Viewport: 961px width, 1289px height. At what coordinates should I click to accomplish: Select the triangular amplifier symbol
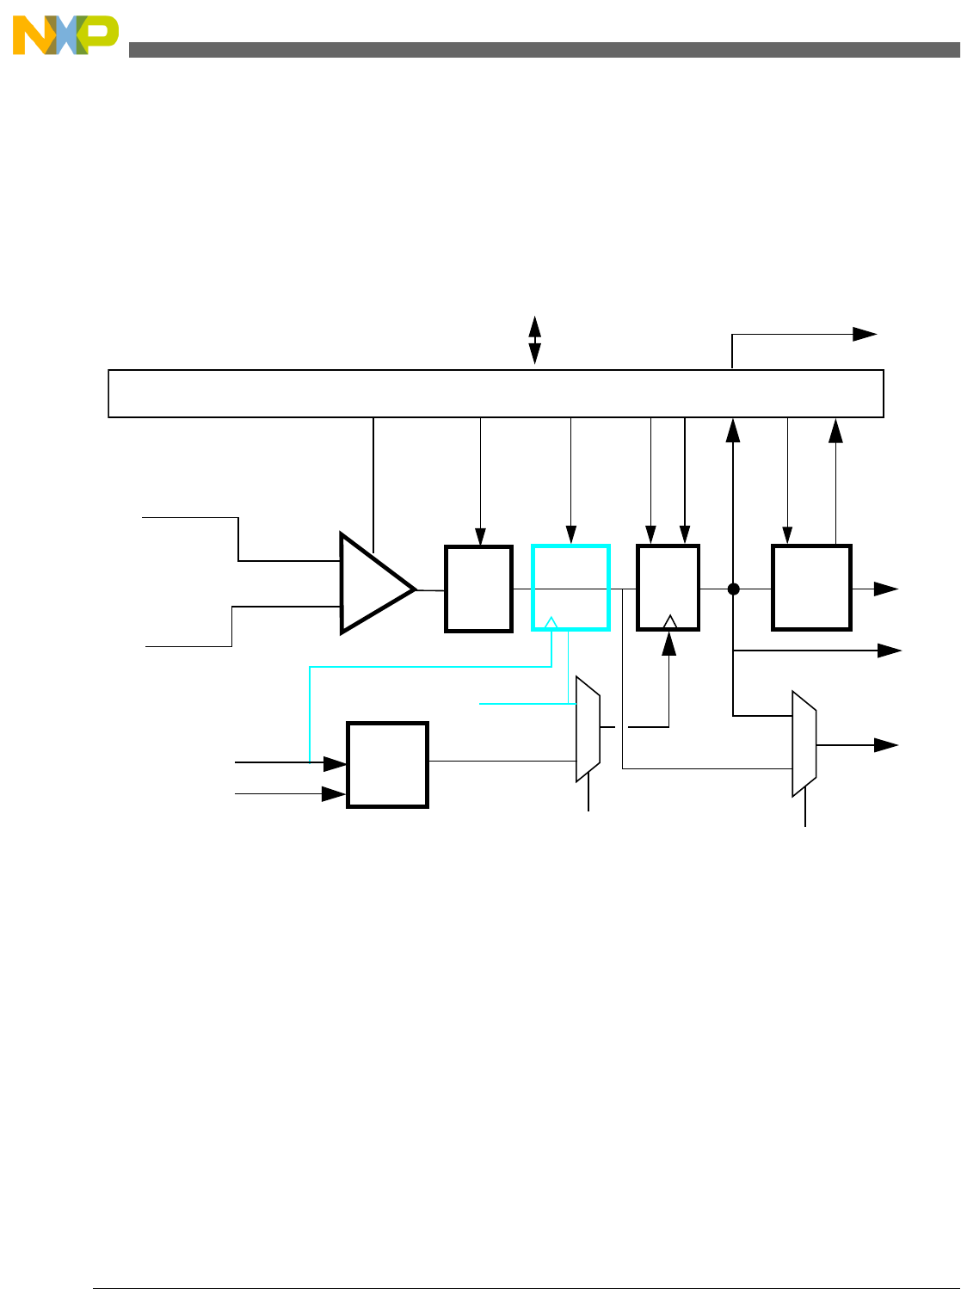375,584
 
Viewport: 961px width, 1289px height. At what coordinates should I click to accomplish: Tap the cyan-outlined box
570,587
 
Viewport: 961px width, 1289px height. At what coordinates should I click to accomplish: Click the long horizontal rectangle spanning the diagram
496,393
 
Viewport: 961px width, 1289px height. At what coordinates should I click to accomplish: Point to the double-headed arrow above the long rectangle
534,340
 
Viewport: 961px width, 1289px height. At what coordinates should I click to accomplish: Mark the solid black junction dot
733,589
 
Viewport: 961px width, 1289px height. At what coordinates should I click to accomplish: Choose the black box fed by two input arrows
387,764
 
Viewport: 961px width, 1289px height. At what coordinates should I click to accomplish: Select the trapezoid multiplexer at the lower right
804,743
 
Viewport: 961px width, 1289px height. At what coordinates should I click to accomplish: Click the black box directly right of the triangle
478,589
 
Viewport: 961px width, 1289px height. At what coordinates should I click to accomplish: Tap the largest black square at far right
811,587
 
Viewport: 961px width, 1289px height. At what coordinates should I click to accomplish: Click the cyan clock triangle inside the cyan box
552,621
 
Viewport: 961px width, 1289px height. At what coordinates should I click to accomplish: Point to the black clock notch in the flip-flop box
670,621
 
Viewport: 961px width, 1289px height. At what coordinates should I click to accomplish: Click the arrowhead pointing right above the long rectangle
865,335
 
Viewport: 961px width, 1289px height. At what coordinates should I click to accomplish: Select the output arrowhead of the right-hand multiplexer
886,745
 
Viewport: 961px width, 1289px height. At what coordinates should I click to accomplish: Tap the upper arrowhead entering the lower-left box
335,763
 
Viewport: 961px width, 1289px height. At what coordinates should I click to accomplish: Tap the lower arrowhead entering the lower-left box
333,794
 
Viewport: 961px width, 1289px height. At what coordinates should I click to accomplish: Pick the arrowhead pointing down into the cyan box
571,535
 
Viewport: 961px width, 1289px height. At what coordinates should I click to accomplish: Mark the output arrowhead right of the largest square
886,589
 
